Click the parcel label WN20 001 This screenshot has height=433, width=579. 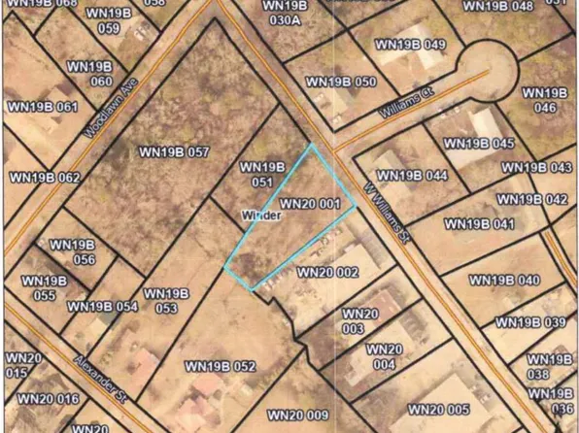(x=310, y=204)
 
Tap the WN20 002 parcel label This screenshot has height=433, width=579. (x=327, y=273)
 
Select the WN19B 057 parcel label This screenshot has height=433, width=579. (x=175, y=152)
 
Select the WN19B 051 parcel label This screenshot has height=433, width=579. (x=260, y=174)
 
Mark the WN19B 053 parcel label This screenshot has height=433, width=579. (x=160, y=301)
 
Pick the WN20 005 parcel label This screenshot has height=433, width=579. (x=438, y=409)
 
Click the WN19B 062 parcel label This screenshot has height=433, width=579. (x=44, y=178)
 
